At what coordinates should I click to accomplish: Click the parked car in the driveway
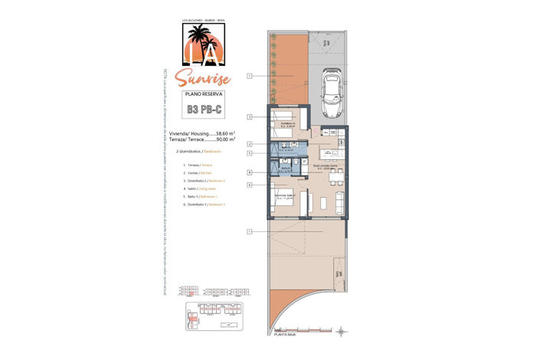(x=332, y=87)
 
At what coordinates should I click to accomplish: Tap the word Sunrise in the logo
(x=202, y=77)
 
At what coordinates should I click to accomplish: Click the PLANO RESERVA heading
(x=204, y=93)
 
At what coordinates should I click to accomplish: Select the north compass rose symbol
(x=342, y=329)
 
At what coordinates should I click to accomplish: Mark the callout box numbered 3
(x=250, y=116)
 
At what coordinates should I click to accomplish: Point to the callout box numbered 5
(x=250, y=153)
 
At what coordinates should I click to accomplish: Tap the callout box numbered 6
(x=250, y=185)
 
